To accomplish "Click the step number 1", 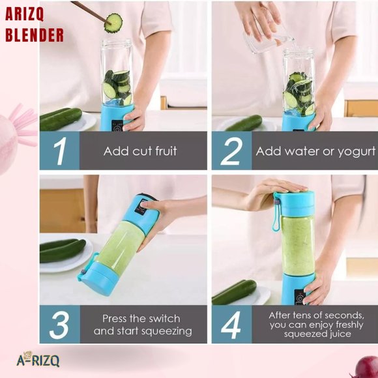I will [x=61, y=151].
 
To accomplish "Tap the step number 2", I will [x=231, y=151].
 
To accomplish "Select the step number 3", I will [x=61, y=324].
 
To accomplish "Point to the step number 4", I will [x=231, y=324].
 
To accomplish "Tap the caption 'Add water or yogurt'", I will [x=315, y=151].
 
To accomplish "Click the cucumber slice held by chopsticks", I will [x=113, y=23].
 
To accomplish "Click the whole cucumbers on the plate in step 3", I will [x=62, y=250].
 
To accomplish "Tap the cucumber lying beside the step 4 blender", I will [x=234, y=292].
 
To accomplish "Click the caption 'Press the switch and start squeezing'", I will [x=142, y=325].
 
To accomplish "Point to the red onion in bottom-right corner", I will [x=368, y=367].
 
